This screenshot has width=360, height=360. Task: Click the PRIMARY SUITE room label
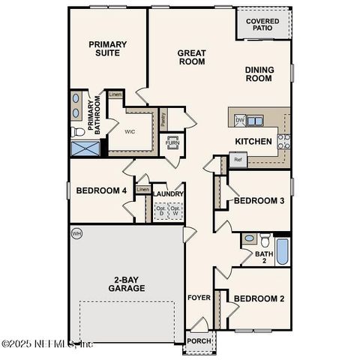[107, 49]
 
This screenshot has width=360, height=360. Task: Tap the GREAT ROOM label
[192, 57]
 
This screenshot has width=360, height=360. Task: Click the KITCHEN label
[253, 141]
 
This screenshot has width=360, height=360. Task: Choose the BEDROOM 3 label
[259, 201]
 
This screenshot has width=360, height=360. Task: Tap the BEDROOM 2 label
[259, 298]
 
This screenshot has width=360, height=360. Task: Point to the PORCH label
[199, 340]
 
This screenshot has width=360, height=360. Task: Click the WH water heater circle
[76, 234]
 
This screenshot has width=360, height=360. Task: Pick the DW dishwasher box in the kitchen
[240, 120]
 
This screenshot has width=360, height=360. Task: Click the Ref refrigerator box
[238, 160]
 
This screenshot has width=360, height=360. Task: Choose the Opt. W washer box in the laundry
[175, 211]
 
